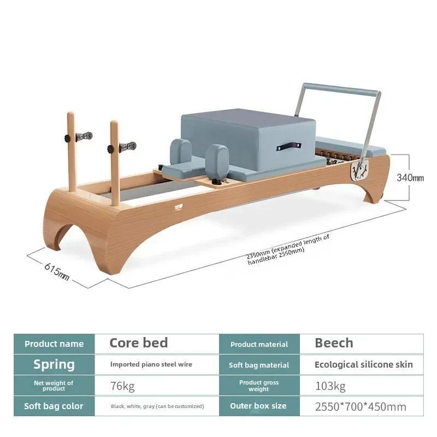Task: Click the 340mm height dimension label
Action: (410, 178)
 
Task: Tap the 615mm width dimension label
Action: (57, 271)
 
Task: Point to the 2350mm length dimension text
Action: (288, 250)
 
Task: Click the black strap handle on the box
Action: (289, 146)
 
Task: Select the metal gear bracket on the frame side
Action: (359, 170)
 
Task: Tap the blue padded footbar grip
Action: (342, 88)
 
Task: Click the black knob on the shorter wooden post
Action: (111, 149)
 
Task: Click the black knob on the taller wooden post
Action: (68, 138)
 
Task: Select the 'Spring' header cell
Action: (54, 364)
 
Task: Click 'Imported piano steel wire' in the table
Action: (151, 364)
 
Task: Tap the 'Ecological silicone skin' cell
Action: (363, 364)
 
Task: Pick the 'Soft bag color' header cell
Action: (54, 406)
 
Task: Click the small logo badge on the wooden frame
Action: (179, 207)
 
